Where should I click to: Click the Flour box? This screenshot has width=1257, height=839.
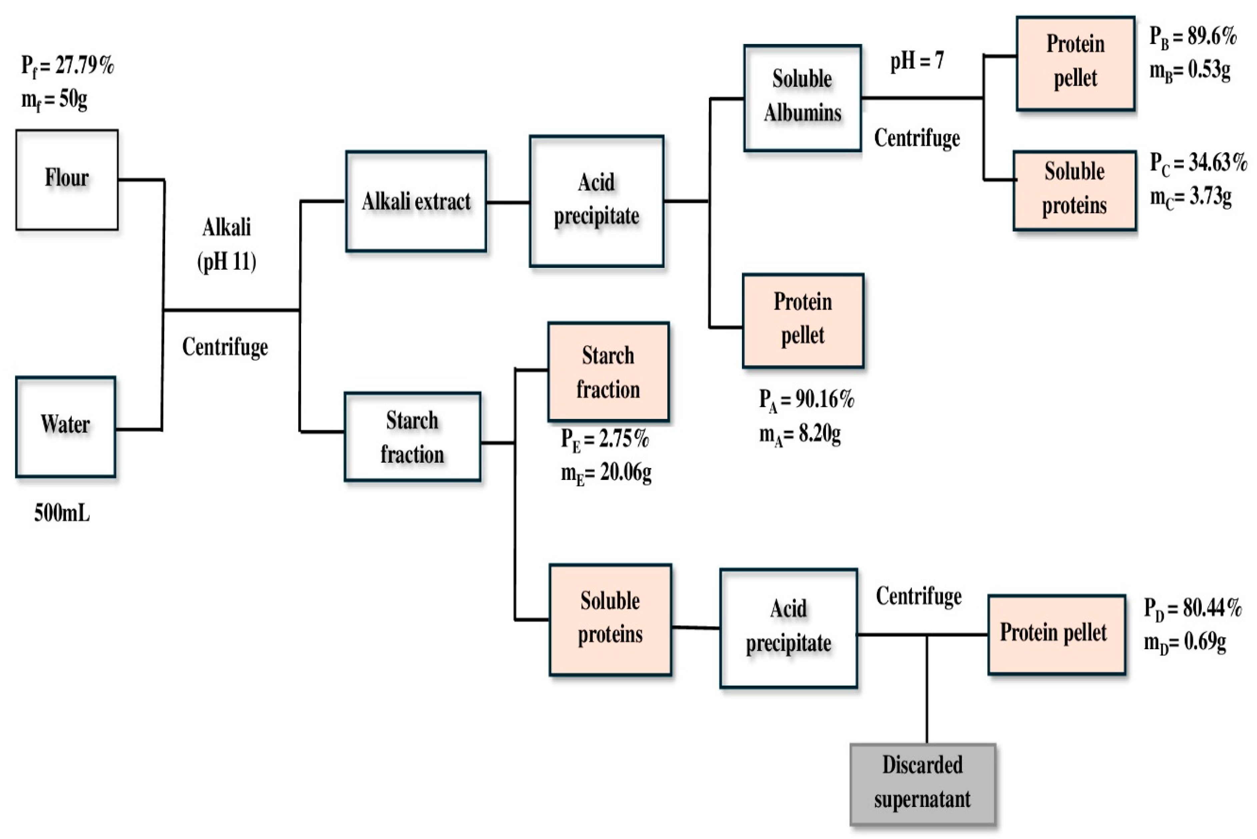(67, 180)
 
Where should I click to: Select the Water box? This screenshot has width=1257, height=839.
(65, 426)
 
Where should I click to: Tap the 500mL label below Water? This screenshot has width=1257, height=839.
(62, 513)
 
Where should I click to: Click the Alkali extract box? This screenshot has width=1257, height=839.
(416, 201)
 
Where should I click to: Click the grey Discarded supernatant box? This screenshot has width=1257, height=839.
(922, 783)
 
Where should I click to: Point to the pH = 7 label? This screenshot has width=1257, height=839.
(917, 60)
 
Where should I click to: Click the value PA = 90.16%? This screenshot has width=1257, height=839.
(806, 399)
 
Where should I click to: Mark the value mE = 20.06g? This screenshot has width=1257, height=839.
(606, 473)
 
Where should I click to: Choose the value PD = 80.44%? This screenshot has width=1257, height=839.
(1192, 608)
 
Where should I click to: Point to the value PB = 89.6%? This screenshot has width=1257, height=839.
(1193, 36)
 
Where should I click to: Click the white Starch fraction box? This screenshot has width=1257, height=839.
(412, 437)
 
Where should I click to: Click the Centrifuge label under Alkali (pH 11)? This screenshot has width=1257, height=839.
(225, 347)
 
